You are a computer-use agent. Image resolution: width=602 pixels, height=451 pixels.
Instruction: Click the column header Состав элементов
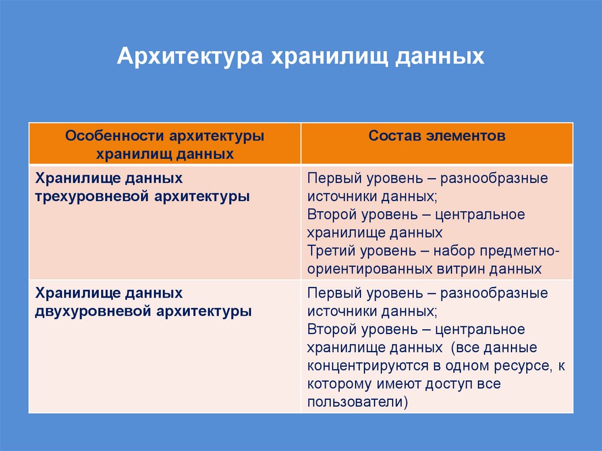point(437,136)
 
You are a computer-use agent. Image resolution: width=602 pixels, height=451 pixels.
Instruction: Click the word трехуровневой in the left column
point(93,196)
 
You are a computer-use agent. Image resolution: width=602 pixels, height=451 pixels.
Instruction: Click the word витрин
point(471,269)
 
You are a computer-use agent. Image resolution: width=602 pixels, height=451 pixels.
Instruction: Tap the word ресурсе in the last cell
point(523,366)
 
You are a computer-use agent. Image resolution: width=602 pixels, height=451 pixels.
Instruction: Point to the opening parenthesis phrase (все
point(462,348)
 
